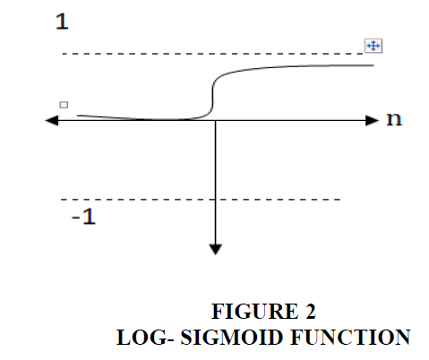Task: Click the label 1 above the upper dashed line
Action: (62, 21)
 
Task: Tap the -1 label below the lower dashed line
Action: (83, 217)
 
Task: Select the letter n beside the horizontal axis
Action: (394, 119)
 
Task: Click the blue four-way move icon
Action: (373, 46)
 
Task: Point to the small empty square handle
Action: (64, 105)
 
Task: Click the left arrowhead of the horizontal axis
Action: (51, 121)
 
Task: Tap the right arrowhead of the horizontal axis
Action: (373, 121)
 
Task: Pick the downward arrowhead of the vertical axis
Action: (216, 249)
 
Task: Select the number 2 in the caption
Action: (311, 312)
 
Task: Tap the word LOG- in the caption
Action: (145, 338)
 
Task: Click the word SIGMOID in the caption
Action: (232, 338)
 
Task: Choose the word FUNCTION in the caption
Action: (350, 338)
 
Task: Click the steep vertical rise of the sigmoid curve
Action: (212, 96)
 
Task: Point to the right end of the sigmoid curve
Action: (373, 65)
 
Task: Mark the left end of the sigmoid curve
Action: (78, 116)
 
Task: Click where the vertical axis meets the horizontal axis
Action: (216, 121)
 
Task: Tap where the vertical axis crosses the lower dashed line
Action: (216, 199)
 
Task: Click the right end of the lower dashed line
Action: (340, 199)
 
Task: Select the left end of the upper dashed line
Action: (63, 54)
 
